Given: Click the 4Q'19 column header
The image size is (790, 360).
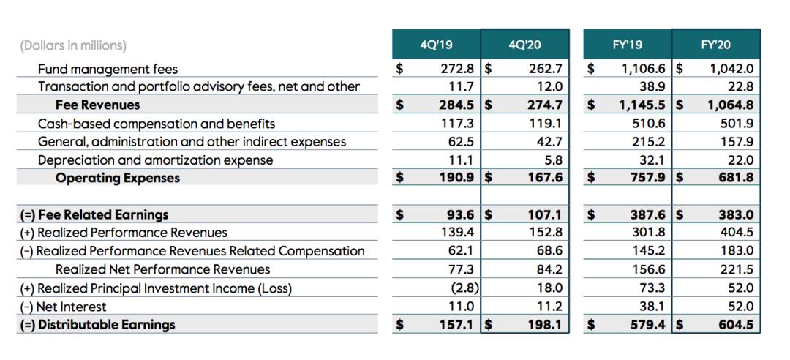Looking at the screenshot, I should [437, 45].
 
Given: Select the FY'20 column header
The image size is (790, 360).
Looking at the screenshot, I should [715, 45].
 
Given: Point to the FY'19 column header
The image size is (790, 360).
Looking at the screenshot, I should [627, 45].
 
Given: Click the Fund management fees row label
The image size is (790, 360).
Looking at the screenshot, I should [108, 70].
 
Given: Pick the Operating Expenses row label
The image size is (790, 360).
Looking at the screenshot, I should [118, 178].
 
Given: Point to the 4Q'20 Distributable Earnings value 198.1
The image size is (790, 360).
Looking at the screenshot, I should [544, 324].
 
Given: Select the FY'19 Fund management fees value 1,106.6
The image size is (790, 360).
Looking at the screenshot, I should [644, 70].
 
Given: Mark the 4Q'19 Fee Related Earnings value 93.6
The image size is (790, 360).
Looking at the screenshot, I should [461, 215].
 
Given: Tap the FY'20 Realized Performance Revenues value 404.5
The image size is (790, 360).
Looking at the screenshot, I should [736, 233].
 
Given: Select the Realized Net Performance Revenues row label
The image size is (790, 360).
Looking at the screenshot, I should [162, 270].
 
